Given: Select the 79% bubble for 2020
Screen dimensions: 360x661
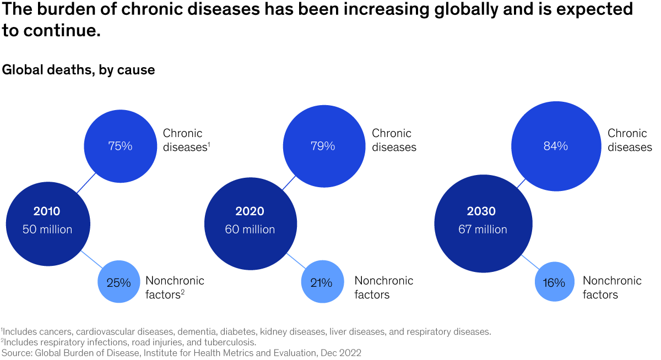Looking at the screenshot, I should point(322,146).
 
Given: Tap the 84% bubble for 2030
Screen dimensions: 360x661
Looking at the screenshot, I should point(555,146).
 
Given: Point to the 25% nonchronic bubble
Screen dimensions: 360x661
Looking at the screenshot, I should point(118,283).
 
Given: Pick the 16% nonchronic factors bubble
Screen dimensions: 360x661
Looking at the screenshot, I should point(554,283).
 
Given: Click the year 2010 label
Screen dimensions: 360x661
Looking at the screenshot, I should point(47,211).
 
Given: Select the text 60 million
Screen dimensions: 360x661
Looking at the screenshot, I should point(250,230).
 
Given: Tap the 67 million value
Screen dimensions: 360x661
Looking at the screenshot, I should point(483,230).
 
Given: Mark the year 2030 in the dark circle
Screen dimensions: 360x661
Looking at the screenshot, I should point(481,211).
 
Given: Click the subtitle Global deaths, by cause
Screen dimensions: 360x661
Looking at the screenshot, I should point(78,70).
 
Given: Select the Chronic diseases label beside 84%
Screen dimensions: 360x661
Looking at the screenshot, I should point(630,140).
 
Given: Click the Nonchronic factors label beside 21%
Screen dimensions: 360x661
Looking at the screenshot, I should point(383,287).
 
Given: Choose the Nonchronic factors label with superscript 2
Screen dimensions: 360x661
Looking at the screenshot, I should point(174,287).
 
